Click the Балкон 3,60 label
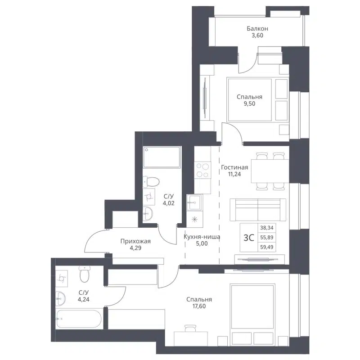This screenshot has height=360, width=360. tap(255, 33)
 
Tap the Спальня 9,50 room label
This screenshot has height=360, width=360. tap(250, 100)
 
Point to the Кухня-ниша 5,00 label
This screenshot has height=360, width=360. tap(202, 241)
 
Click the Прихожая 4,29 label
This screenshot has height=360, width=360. tap(135, 245)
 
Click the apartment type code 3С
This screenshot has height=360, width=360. tap(249, 238)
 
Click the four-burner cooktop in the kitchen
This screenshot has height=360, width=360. tap(202, 171)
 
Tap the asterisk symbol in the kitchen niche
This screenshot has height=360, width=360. tap(194, 220)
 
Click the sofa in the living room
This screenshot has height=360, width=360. tap(257, 209)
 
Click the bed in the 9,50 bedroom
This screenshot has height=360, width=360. tap(250, 100)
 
